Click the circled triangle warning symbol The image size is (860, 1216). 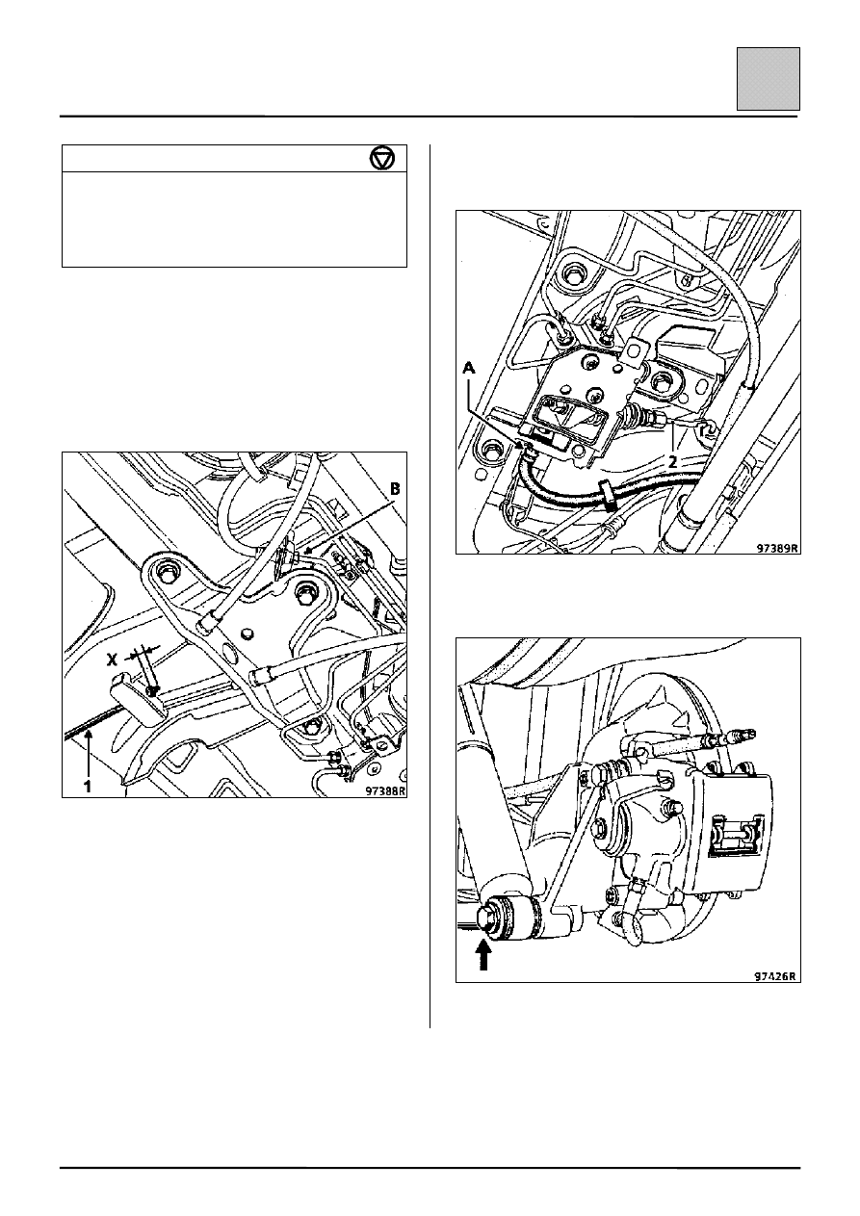click(382, 159)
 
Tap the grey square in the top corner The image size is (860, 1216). click(769, 79)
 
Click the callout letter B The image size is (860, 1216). click(395, 489)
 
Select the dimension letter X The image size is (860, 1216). click(113, 660)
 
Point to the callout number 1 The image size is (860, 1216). click(88, 786)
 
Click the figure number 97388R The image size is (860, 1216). click(384, 790)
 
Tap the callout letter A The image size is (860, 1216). click(468, 368)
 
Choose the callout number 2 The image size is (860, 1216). click(672, 462)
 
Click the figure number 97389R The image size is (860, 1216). click(778, 548)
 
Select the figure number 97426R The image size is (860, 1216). click(775, 975)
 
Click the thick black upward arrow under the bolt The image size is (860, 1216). click(484, 955)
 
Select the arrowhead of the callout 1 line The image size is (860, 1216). click(88, 735)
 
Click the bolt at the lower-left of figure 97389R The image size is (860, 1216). click(490, 450)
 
